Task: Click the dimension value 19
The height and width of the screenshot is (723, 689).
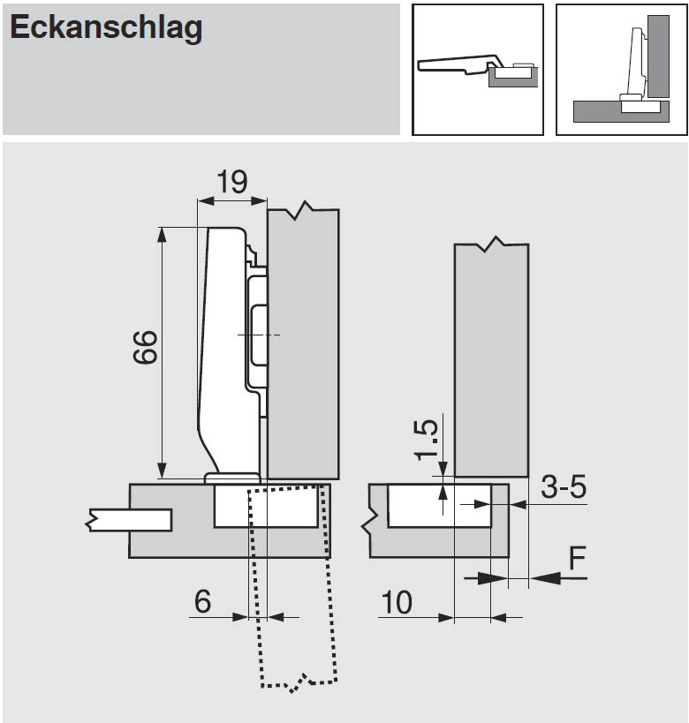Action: [231, 183]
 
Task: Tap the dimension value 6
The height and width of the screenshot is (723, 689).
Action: [203, 602]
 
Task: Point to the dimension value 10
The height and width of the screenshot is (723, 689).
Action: [397, 603]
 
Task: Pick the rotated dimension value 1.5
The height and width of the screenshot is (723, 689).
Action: [426, 439]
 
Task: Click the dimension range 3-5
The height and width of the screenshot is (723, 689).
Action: [564, 486]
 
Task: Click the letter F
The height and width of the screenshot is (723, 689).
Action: [577, 558]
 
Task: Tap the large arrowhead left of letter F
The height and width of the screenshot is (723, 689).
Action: [548, 578]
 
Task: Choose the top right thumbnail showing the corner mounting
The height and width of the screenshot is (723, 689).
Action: [621, 70]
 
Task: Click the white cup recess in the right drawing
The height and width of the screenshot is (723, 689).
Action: [439, 505]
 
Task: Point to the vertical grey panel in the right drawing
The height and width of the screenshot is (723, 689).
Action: [491, 353]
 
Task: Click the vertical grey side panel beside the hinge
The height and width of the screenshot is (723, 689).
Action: [303, 344]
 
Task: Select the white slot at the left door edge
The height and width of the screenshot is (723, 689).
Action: [131, 520]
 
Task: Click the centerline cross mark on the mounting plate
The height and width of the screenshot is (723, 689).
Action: [257, 335]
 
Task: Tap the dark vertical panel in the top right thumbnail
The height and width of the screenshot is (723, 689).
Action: [657, 56]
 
